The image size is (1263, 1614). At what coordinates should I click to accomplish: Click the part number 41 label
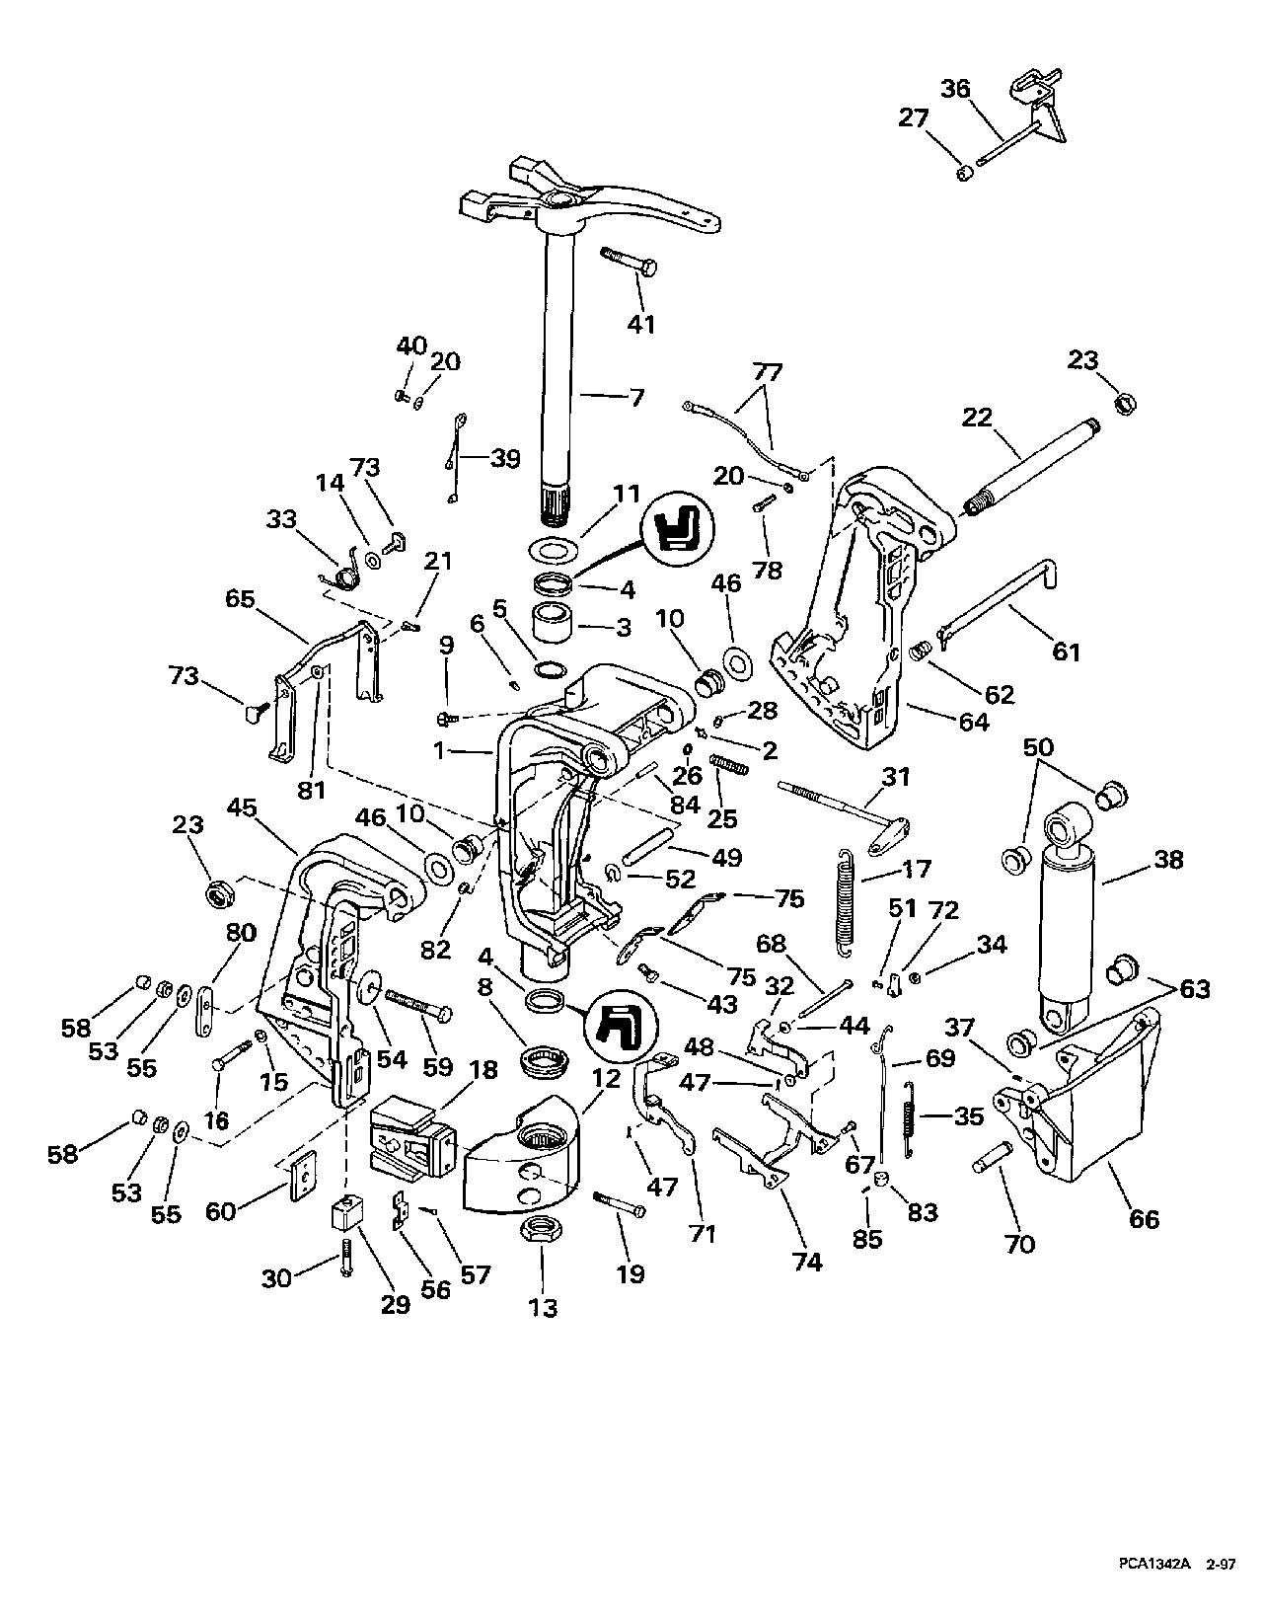[642, 325]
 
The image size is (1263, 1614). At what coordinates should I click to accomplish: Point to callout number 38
[1168, 860]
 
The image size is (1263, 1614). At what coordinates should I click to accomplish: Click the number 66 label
[1144, 1219]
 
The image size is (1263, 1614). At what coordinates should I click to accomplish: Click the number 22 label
[977, 418]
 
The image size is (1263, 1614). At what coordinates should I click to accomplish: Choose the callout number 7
[637, 398]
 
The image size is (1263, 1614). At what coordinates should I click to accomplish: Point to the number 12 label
[606, 1078]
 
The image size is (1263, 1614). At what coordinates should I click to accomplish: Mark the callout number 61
[1067, 652]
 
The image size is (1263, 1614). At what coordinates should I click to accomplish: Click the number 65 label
[241, 599]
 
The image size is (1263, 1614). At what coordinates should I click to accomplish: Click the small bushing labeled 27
[964, 174]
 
